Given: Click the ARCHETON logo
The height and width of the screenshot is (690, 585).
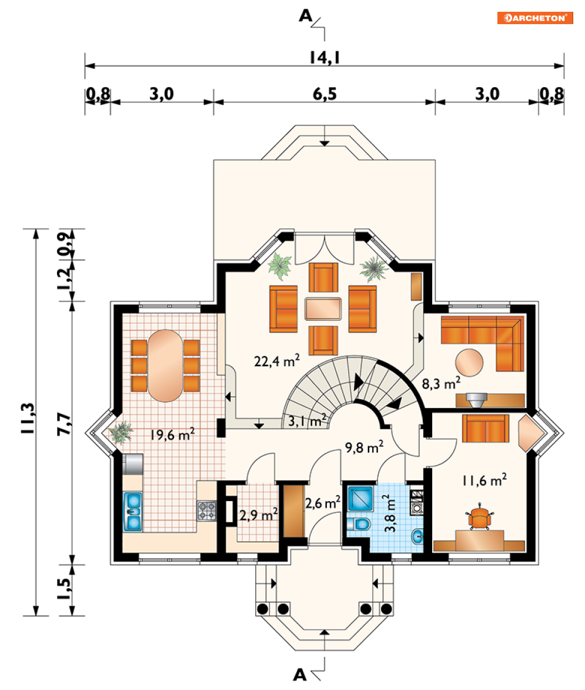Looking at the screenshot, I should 534,18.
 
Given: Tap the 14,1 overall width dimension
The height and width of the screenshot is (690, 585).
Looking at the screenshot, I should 325,57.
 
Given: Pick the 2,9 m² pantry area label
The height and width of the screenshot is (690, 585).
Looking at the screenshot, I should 259,515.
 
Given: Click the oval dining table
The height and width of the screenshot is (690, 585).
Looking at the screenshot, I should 165,365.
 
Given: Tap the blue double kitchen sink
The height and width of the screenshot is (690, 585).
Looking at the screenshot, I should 134,511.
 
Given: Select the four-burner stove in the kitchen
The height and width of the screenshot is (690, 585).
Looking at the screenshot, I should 206,510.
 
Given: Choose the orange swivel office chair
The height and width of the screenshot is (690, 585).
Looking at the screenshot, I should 480,518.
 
